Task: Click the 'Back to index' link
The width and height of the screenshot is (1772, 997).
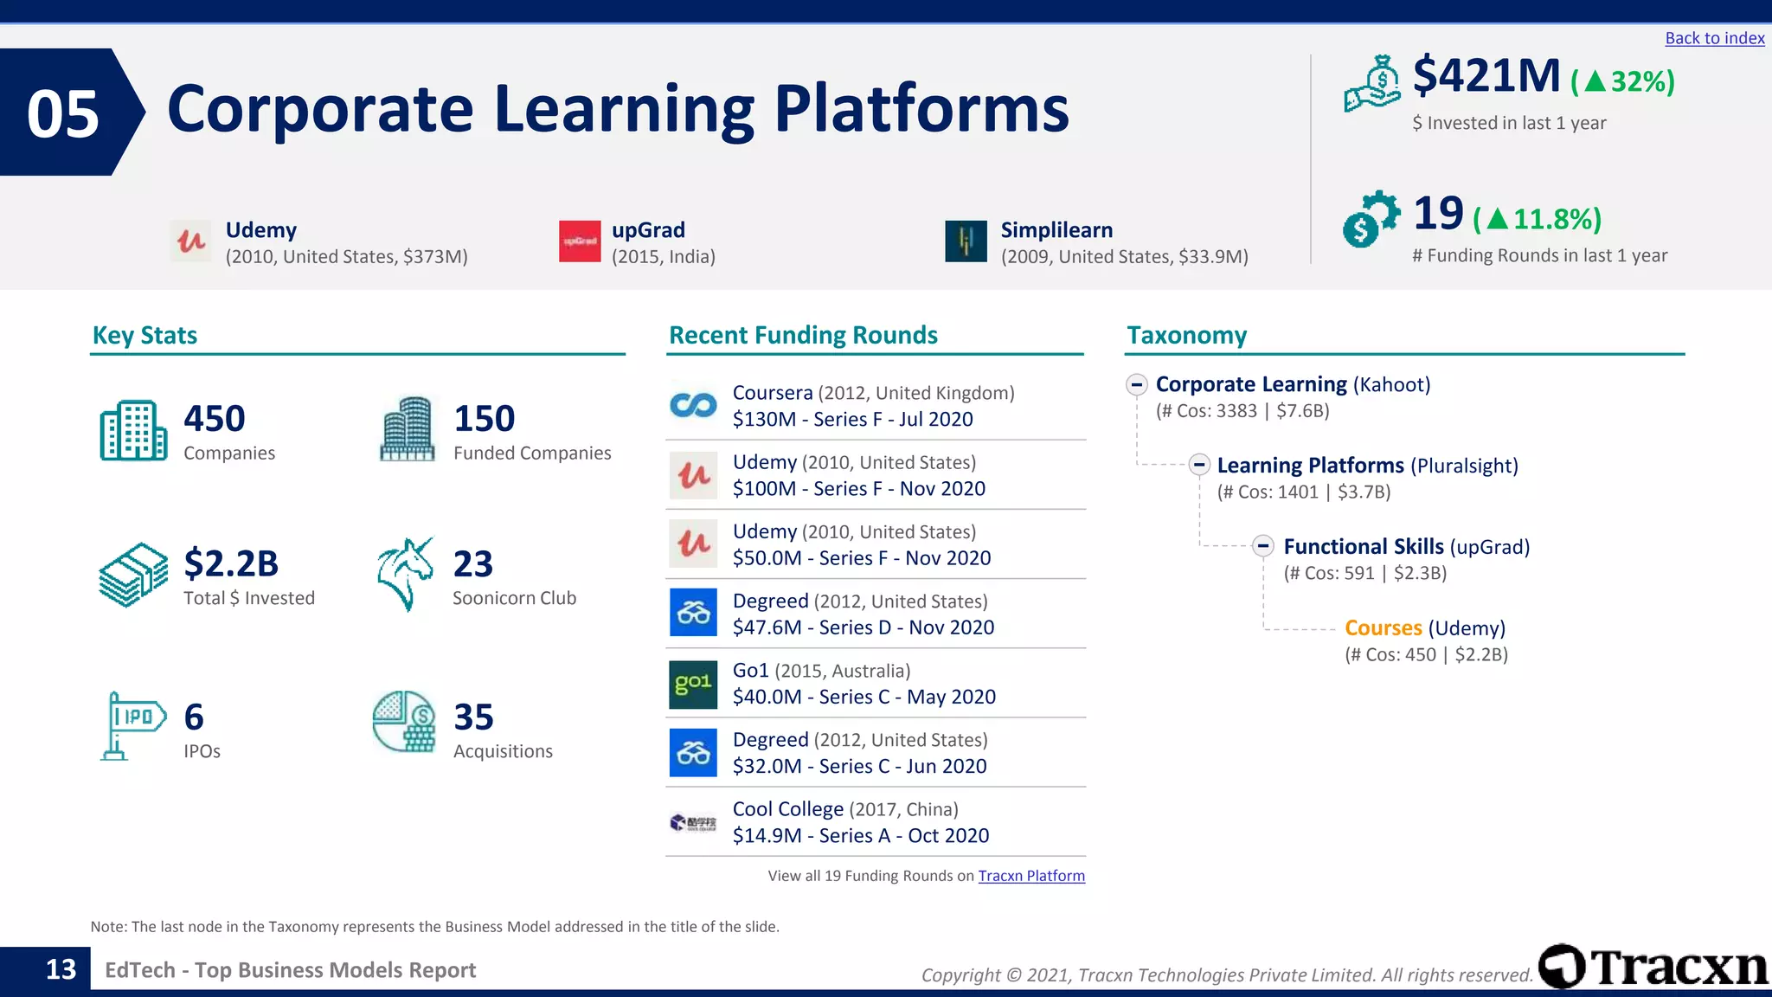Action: [x=1714, y=38]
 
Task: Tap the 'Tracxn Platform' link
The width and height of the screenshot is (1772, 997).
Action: [x=1030, y=876]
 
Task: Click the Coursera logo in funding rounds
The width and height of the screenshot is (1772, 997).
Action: [x=693, y=405]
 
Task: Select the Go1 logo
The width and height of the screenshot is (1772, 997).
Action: [x=693, y=684]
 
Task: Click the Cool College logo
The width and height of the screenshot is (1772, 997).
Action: [x=693, y=822]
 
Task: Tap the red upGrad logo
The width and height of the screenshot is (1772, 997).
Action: [x=580, y=241]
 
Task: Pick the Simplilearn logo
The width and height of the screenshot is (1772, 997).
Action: [x=966, y=241]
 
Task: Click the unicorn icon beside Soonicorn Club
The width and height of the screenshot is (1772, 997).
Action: [x=405, y=573]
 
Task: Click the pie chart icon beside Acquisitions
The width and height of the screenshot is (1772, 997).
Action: [x=404, y=721]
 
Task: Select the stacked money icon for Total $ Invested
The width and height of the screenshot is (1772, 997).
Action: [x=133, y=575]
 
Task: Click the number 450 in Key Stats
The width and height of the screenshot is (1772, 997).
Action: [x=215, y=419]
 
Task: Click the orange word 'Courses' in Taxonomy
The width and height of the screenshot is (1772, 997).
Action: [x=1383, y=628]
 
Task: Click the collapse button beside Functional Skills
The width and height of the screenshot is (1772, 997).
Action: [x=1263, y=546]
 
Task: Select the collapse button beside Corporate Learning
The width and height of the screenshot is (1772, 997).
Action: [x=1137, y=384]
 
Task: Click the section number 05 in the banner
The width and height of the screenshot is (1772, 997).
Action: [x=63, y=113]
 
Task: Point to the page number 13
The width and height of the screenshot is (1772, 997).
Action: [x=61, y=969]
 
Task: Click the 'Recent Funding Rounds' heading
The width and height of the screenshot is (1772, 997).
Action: [x=803, y=335]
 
